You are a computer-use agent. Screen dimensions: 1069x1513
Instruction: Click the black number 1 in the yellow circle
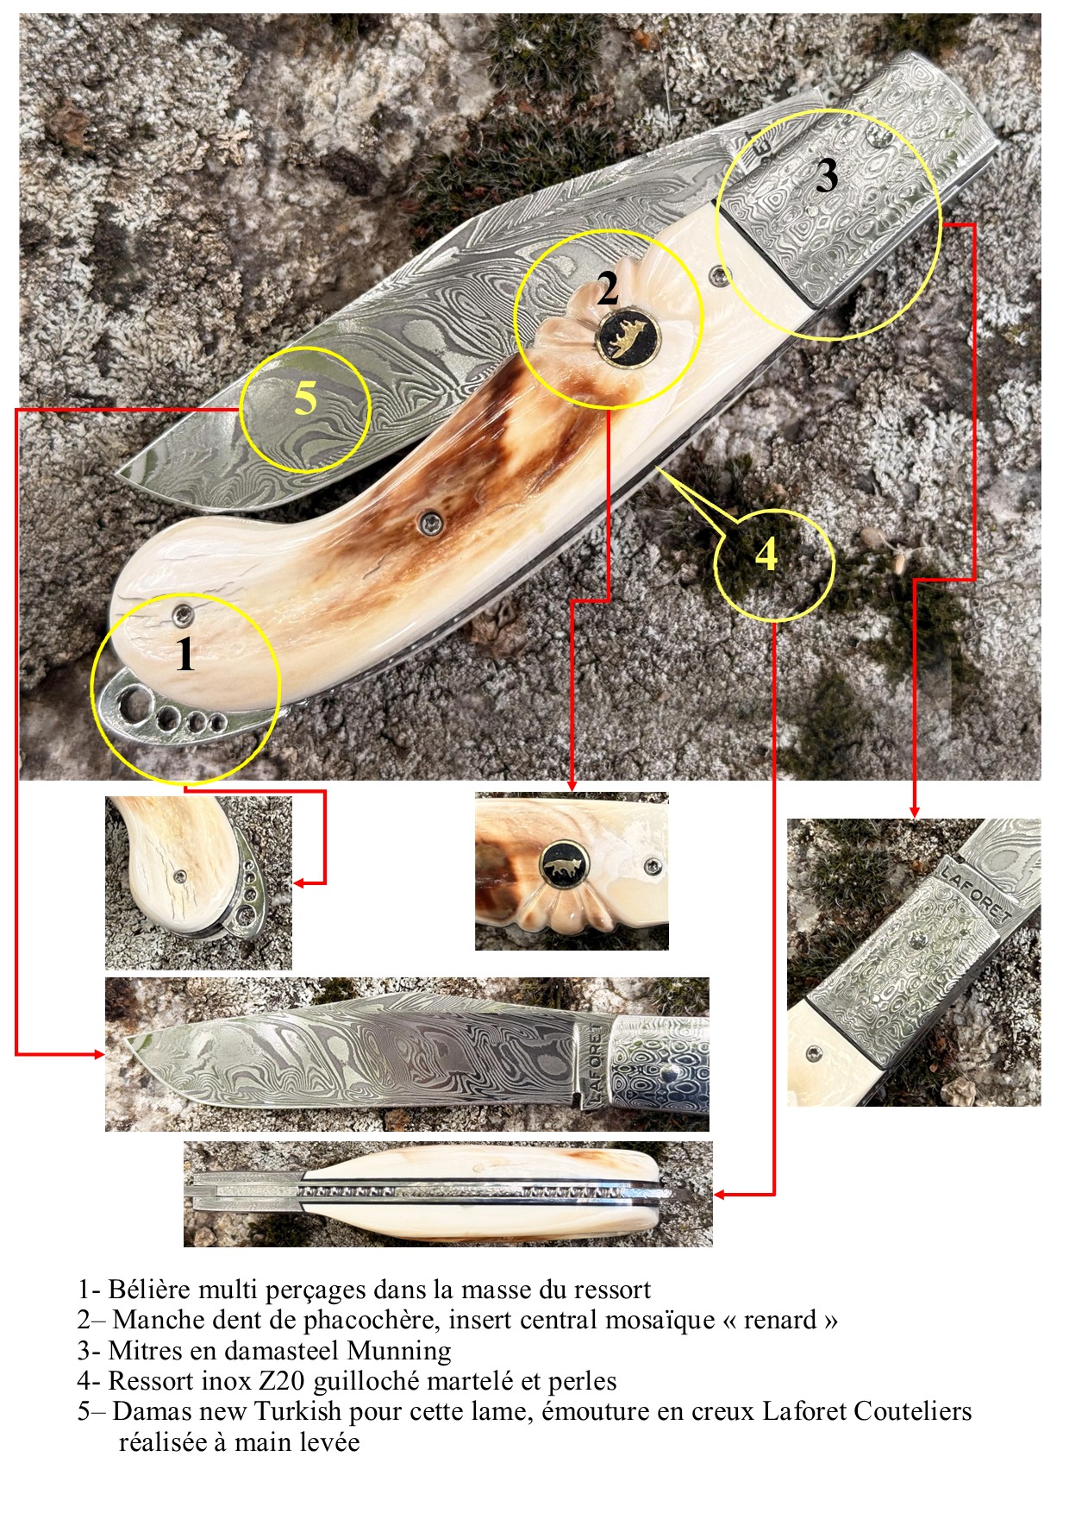pyautogui.click(x=185, y=654)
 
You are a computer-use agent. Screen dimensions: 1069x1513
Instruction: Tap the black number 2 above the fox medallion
pyautogui.click(x=608, y=288)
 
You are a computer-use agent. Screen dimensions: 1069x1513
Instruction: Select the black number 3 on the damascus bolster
pyautogui.click(x=827, y=176)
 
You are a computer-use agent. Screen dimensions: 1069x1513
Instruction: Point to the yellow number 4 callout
pyautogui.click(x=766, y=555)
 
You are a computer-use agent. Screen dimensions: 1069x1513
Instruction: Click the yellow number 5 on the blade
pyautogui.click(x=305, y=399)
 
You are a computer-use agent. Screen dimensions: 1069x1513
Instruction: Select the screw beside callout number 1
pyautogui.click(x=184, y=613)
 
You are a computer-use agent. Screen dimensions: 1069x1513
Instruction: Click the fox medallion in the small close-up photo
pyautogui.click(x=565, y=863)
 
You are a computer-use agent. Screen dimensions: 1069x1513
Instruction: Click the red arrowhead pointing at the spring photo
pyautogui.click(x=721, y=1195)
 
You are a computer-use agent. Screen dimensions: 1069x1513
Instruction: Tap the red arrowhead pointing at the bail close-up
pyautogui.click(x=300, y=882)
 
